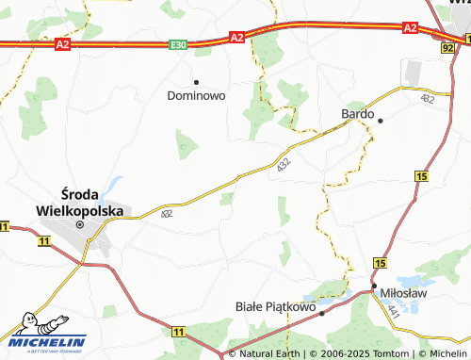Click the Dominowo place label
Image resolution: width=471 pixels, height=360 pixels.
tap(196, 95)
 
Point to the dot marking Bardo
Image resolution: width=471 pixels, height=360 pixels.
tap(381, 121)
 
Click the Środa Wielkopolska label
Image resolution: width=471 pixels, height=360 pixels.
tap(79, 205)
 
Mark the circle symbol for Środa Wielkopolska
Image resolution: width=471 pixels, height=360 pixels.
tap(80, 224)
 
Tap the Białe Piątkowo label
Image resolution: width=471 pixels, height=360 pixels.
tap(272, 306)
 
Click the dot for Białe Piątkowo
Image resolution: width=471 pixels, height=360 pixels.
tap(321, 312)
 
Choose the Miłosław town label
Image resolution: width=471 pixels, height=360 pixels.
tap(404, 293)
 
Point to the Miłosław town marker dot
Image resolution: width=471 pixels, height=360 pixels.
tap(374, 285)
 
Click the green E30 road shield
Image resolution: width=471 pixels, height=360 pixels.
tap(179, 44)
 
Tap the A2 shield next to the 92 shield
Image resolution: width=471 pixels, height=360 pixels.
tap(410, 28)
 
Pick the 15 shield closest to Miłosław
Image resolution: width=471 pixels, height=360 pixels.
tap(381, 262)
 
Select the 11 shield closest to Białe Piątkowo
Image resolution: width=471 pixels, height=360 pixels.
tap(179, 331)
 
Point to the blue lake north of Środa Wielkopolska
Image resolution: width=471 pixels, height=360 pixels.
tap(114, 185)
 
